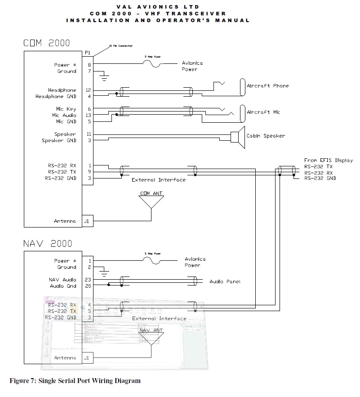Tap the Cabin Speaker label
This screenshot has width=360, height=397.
click(265, 136)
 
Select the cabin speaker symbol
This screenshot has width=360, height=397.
click(236, 137)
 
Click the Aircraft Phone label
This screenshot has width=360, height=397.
click(267, 85)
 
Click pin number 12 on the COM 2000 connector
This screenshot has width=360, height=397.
click(88, 90)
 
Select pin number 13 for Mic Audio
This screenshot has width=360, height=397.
click(88, 115)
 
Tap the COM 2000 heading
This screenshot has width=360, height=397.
click(47, 43)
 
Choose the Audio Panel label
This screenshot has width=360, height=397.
click(225, 281)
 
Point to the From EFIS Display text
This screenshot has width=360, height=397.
click(328, 160)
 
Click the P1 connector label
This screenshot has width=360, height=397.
click(88, 53)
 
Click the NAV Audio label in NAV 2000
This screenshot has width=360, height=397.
click(62, 280)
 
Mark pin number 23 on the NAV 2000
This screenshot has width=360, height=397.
click(88, 280)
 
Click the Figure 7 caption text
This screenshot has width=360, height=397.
click(75, 381)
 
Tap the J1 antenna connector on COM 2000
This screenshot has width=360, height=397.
click(88, 221)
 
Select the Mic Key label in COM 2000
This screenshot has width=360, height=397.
click(66, 109)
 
